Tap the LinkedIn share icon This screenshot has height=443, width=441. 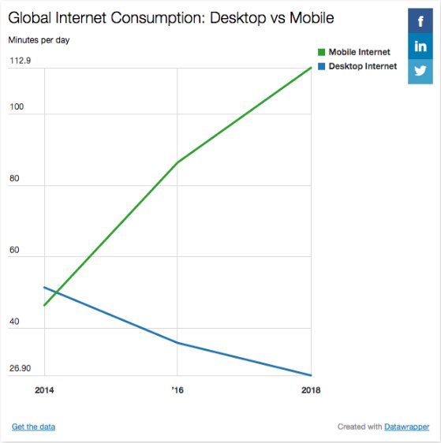[x=420, y=46]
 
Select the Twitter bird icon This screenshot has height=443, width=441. [x=420, y=70]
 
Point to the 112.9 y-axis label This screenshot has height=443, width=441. [x=21, y=61]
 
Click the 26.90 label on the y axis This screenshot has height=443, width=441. [x=21, y=368]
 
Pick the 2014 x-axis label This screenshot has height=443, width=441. [x=45, y=389]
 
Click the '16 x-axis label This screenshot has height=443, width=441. [x=178, y=389]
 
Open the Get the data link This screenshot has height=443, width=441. [x=33, y=426]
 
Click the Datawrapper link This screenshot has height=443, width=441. [x=406, y=426]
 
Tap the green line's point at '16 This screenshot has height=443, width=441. [x=178, y=162]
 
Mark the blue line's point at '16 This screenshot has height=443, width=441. [x=178, y=343]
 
